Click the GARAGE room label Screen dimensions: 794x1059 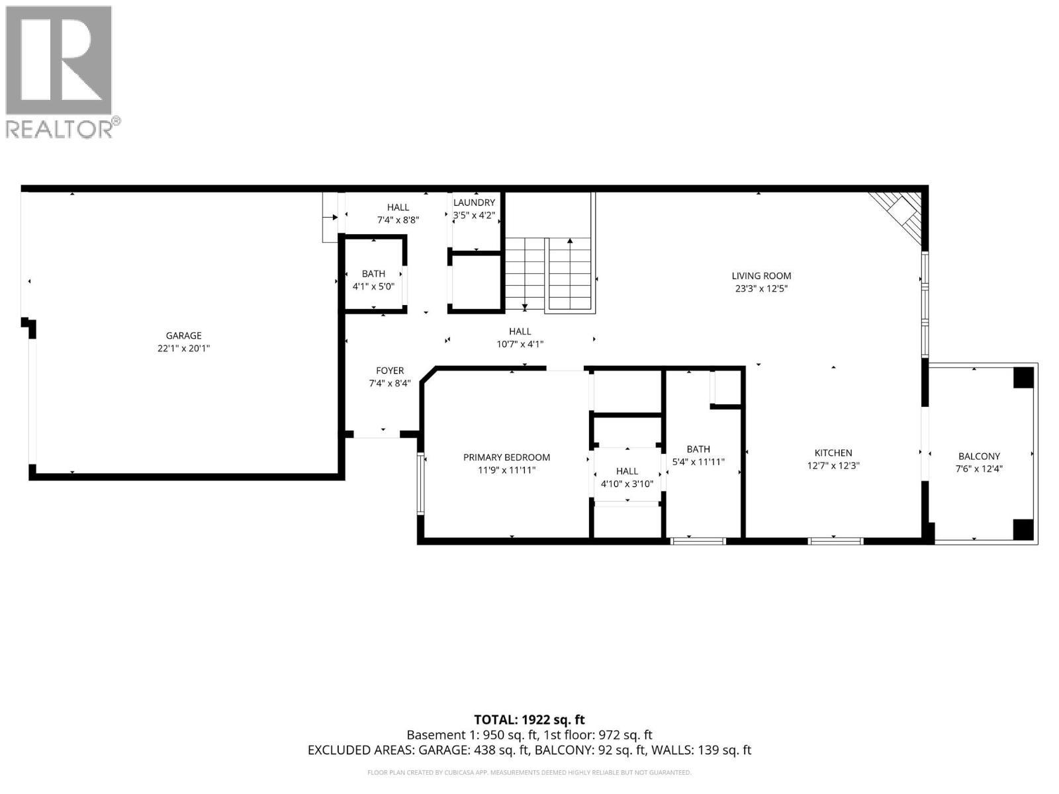(x=183, y=335)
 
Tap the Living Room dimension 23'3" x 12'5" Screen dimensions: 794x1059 (x=761, y=288)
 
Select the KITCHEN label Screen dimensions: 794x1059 (x=833, y=453)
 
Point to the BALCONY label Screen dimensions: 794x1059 (x=979, y=456)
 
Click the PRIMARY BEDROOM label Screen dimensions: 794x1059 (x=506, y=457)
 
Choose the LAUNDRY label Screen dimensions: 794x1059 (x=474, y=202)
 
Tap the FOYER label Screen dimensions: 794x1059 (x=390, y=371)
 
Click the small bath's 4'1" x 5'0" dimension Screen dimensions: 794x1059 (x=373, y=287)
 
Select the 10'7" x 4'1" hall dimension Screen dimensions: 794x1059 (x=520, y=344)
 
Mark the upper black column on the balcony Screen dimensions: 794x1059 (x=1023, y=377)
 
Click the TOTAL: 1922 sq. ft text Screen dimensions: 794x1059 (x=529, y=720)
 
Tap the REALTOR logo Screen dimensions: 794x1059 (x=60, y=71)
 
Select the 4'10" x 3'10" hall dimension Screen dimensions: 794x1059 (x=627, y=484)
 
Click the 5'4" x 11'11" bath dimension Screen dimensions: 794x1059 (x=698, y=462)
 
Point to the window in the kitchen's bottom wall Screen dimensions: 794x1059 (x=836, y=541)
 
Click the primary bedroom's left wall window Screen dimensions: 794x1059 (x=420, y=483)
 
